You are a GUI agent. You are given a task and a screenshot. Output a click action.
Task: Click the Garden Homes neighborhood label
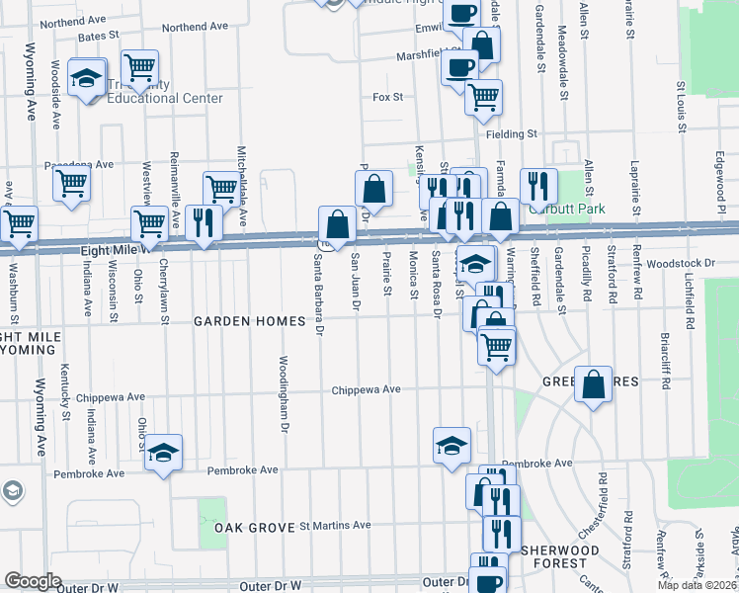point(238,321)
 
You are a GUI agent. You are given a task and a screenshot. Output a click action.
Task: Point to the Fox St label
point(388,97)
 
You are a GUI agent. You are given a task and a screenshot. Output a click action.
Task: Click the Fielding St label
point(510,133)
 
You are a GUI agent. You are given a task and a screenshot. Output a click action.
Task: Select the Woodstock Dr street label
point(681,263)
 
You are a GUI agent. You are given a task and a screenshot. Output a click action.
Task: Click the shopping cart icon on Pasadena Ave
point(71,183)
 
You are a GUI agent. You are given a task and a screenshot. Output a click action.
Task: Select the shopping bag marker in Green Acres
point(594,385)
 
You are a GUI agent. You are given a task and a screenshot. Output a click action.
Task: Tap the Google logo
point(33,581)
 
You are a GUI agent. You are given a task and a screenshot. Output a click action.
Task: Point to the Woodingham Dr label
point(284,400)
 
